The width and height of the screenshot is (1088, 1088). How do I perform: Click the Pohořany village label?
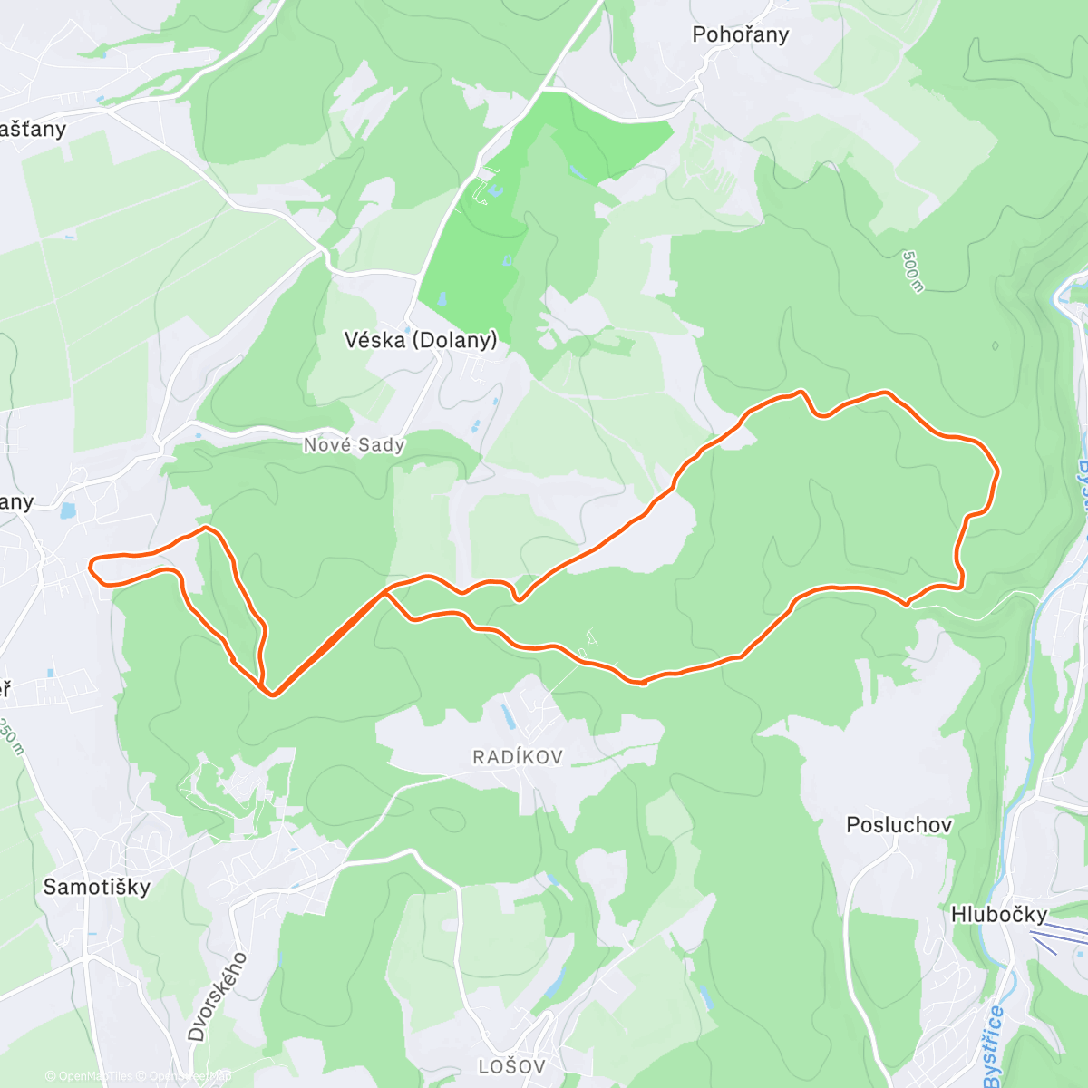[740, 34]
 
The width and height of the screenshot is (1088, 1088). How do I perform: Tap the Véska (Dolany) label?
[421, 340]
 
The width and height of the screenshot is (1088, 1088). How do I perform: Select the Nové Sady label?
[354, 444]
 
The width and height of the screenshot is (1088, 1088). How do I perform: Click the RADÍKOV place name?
[518, 756]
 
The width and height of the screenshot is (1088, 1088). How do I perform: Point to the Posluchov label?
[899, 825]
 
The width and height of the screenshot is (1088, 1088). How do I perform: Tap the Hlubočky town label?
[998, 914]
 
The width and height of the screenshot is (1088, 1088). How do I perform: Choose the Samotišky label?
[97, 886]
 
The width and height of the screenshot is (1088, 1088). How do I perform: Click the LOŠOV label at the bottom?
[511, 1066]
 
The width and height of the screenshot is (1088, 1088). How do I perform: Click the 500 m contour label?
[912, 272]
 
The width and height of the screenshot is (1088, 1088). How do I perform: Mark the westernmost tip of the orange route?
[90, 566]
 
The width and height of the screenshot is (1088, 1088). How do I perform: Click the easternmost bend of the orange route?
[998, 470]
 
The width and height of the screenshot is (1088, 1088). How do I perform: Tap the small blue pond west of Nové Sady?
[67, 511]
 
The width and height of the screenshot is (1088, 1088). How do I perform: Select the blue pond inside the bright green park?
[441, 297]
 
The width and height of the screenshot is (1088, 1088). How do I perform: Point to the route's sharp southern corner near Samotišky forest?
[271, 695]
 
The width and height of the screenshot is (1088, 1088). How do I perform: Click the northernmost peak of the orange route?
[800, 392]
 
